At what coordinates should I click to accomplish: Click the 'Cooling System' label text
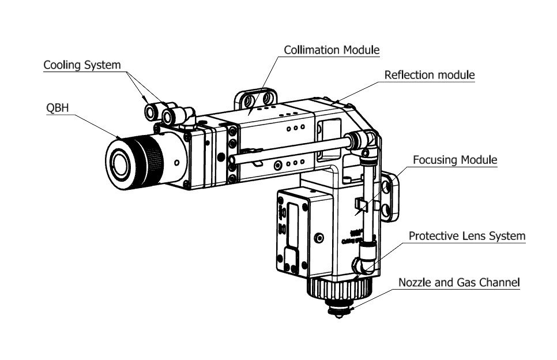82,65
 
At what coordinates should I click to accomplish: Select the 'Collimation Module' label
332,50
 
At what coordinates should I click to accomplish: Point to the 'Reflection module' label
430,75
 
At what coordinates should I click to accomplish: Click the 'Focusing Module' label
454,160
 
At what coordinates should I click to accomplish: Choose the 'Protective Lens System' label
467,236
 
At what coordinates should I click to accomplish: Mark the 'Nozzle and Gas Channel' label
460,282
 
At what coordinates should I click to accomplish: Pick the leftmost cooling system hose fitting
151,110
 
